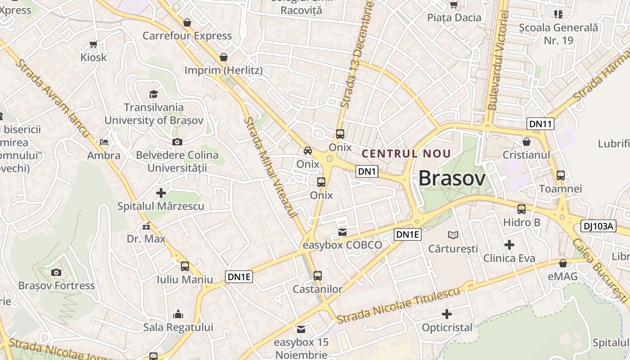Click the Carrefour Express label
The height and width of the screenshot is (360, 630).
point(187,36)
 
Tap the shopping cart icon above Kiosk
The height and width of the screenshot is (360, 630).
point(94,44)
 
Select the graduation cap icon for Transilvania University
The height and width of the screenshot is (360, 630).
point(154,94)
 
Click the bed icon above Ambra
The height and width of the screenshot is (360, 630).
point(104,142)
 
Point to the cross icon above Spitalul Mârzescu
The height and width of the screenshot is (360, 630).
point(161,193)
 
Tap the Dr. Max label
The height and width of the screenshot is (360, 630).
point(146,238)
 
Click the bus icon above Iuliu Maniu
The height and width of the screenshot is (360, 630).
point(185,266)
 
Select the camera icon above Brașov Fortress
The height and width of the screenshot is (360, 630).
point(56,272)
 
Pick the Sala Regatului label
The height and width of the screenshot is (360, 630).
point(178,327)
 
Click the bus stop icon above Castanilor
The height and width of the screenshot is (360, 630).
point(318,275)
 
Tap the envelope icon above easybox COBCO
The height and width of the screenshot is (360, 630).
point(342,232)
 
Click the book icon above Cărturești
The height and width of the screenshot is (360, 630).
point(453,235)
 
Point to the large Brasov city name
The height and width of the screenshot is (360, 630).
point(452,178)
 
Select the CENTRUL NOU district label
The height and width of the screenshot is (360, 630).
point(406,153)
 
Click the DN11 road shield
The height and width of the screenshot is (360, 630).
point(540,124)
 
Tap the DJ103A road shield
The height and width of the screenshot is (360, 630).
point(598,226)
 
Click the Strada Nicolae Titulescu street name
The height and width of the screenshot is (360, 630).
point(399,305)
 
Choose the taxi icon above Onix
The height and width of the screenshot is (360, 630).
point(308,151)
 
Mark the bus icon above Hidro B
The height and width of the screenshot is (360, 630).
point(522,209)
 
